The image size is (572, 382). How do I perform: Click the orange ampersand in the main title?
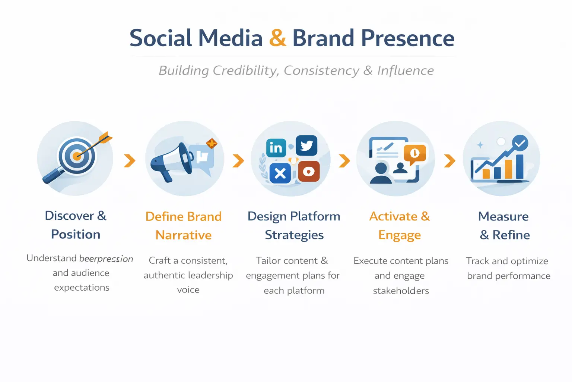(x=277, y=38)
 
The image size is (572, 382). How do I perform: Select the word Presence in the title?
(x=408, y=38)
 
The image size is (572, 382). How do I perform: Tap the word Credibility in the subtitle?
(x=245, y=71)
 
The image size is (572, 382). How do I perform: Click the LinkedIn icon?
(x=276, y=148)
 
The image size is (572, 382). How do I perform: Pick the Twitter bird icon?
(x=306, y=145)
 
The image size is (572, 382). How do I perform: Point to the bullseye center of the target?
(x=76, y=156)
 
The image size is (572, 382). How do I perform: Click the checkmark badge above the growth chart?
(x=520, y=143)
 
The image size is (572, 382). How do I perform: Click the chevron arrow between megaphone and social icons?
(x=238, y=161)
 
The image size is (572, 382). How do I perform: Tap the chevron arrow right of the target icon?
(x=130, y=161)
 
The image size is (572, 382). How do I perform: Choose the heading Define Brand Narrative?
(x=184, y=226)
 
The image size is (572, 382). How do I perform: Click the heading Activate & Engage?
(x=400, y=226)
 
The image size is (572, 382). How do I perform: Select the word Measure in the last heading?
(x=503, y=216)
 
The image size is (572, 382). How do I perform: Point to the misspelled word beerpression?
(x=106, y=259)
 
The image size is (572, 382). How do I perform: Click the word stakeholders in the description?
(x=401, y=291)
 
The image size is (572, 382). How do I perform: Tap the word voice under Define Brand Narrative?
(x=188, y=290)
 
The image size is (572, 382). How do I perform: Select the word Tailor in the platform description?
(x=270, y=261)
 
